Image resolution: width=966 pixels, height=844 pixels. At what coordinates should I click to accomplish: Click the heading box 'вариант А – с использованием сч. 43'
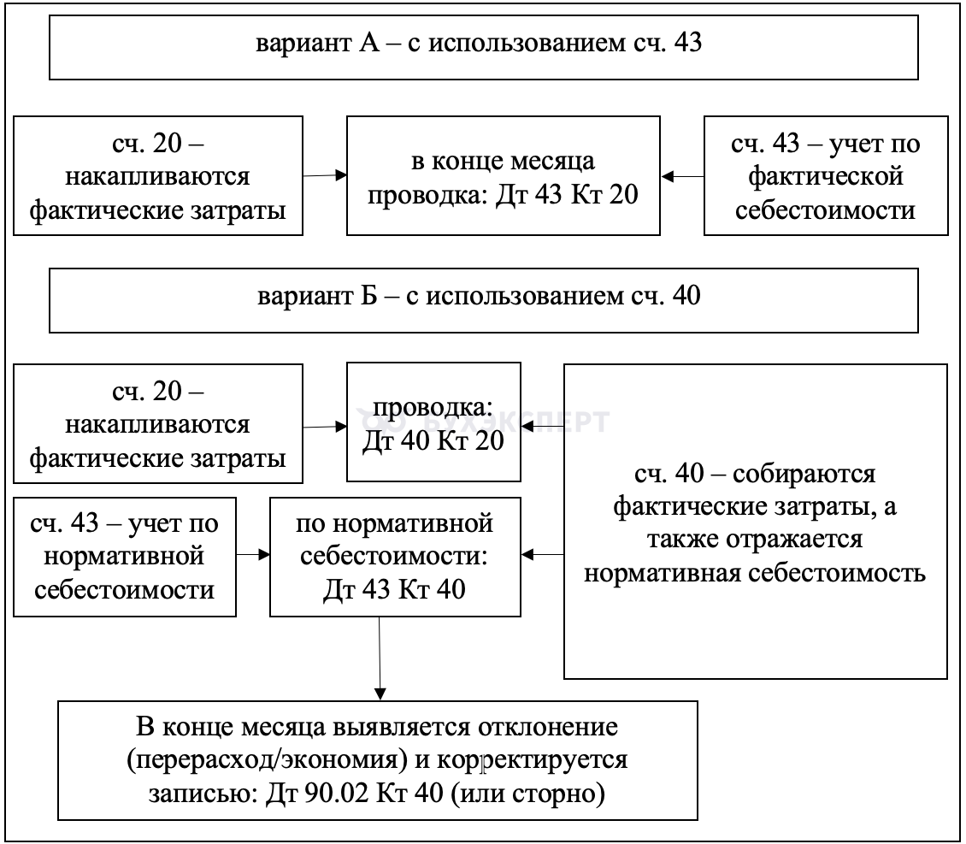tap(484, 47)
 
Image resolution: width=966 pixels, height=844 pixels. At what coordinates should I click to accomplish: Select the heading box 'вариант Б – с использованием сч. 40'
tap(484, 301)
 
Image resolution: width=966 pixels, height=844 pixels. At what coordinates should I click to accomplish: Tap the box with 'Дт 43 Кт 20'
tap(504, 175)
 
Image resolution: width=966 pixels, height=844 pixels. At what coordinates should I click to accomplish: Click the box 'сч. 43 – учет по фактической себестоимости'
tap(826, 175)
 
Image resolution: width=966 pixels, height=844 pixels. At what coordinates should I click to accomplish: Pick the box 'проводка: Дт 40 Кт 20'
tap(433, 422)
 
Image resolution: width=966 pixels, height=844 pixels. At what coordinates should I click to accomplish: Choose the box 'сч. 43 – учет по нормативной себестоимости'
tap(125, 557)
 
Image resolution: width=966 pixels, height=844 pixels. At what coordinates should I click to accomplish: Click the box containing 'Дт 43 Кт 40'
tap(395, 557)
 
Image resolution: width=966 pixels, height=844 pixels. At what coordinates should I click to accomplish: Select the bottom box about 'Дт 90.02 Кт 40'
tap(378, 760)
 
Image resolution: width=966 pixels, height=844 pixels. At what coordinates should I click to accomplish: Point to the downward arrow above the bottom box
tap(380, 658)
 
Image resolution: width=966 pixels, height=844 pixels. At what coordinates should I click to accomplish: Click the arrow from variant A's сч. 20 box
tap(325, 175)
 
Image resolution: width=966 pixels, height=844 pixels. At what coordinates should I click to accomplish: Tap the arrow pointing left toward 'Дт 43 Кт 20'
tap(682, 176)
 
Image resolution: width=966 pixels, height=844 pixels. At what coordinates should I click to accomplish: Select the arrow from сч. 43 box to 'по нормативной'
tap(253, 554)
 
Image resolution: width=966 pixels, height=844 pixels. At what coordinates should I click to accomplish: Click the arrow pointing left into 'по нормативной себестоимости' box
tap(542, 554)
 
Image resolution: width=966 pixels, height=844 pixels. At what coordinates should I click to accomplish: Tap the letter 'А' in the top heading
tap(369, 43)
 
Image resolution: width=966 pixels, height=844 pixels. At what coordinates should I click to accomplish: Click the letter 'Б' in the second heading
tap(368, 296)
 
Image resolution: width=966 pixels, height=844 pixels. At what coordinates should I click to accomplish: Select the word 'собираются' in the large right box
tap(804, 474)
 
